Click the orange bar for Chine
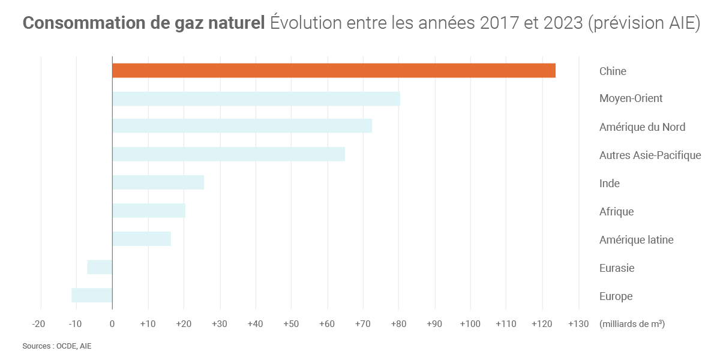tap(334, 70)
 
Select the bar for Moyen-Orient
tap(256, 99)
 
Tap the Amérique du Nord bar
tap(242, 126)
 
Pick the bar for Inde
tap(158, 182)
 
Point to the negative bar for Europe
tap(92, 295)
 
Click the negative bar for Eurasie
tap(100, 267)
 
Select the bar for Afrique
tap(149, 211)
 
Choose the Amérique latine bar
tap(142, 239)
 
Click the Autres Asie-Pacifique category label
tap(650, 155)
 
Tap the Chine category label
tap(613, 71)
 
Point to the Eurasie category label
tap(617, 268)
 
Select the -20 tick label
tap(38, 324)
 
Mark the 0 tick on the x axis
tap(112, 324)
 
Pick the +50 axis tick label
tap(290, 324)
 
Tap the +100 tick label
tap(470, 324)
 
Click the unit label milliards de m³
tap(632, 324)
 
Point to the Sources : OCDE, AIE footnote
tap(57, 346)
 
